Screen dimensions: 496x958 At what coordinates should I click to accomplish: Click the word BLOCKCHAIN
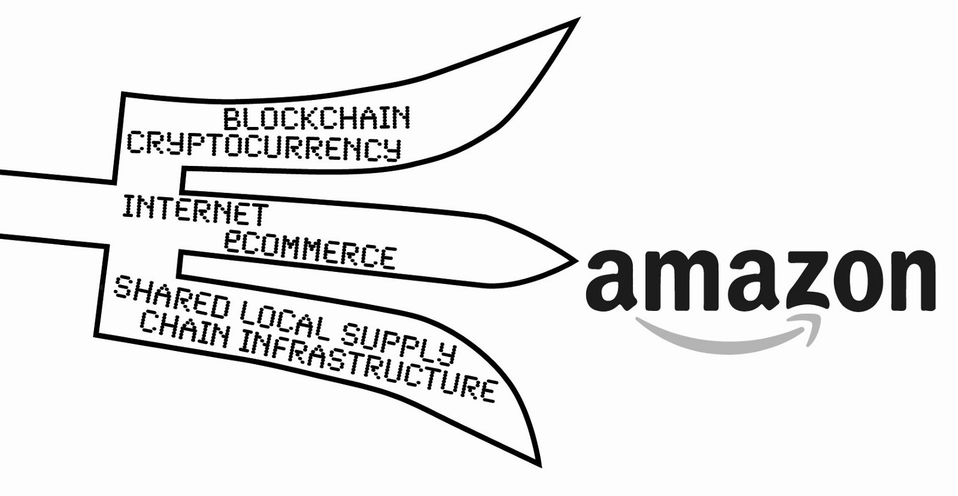pos(317,117)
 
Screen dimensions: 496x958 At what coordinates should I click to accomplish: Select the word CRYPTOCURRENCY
pos(263,146)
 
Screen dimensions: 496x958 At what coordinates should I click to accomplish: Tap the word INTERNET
pos(195,211)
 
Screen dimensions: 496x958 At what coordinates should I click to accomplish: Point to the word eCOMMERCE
pos(310,248)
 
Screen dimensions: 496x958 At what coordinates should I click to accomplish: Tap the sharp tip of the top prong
pos(576,21)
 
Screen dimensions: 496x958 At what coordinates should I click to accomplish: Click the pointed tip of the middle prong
pos(575,260)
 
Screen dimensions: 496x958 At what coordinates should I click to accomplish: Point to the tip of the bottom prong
pos(539,464)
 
